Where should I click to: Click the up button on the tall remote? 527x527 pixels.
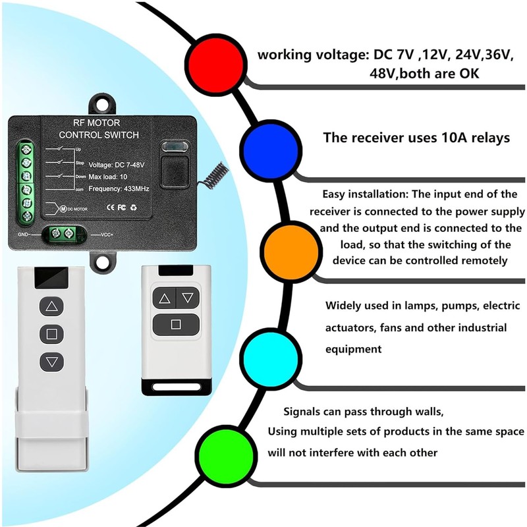click(x=51, y=306)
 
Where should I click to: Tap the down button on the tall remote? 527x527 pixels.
click(x=51, y=361)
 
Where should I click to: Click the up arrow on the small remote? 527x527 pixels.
click(x=165, y=298)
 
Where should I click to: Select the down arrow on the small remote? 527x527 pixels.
click(x=188, y=298)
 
